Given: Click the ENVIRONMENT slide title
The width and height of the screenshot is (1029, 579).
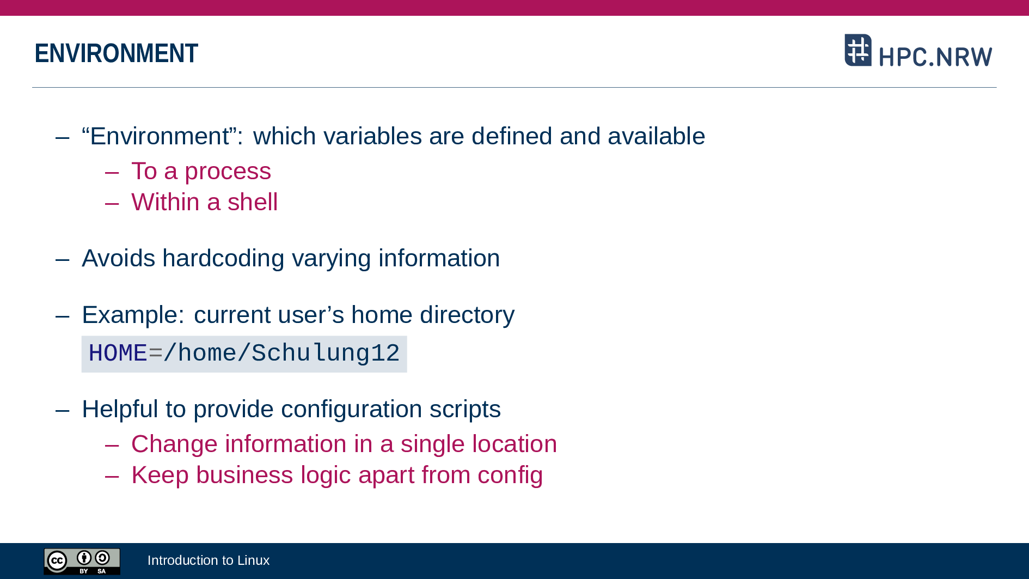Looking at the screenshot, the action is pyautogui.click(x=116, y=53).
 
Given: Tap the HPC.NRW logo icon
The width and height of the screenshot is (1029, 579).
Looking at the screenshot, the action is pyautogui.click(x=858, y=50).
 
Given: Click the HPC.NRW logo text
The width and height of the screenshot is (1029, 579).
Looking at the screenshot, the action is pyautogui.click(x=935, y=57).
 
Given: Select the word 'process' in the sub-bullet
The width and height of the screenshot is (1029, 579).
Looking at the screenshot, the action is pyautogui.click(x=228, y=172).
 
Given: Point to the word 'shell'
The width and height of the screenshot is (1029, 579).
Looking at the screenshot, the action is pyautogui.click(x=253, y=202).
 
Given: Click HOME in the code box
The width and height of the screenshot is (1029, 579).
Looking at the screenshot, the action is pyautogui.click(x=118, y=354).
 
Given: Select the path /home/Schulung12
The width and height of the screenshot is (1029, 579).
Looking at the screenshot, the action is pyautogui.click(x=281, y=354).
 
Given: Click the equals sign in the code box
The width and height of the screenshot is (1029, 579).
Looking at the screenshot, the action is pyautogui.click(x=155, y=354).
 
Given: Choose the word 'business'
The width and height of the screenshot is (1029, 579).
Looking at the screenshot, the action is pyautogui.click(x=244, y=475).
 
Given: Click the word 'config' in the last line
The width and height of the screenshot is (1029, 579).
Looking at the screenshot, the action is pyautogui.click(x=510, y=476).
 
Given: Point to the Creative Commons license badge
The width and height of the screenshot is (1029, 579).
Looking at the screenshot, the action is pyautogui.click(x=82, y=562).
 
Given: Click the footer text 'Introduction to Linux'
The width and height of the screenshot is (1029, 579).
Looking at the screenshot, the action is pyautogui.click(x=209, y=560).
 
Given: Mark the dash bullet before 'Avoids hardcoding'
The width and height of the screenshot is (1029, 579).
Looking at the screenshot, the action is pyautogui.click(x=63, y=260).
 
